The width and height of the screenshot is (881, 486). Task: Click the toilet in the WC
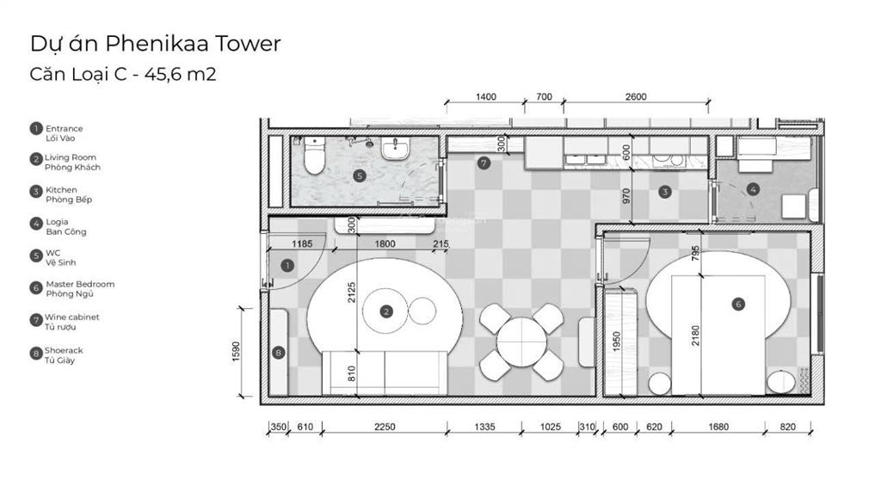point(314,157)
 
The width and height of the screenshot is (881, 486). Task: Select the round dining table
point(521,341)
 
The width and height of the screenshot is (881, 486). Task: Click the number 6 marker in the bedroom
point(738,304)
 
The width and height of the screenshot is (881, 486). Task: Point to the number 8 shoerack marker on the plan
point(278,353)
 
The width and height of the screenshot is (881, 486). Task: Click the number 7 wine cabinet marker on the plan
point(484,163)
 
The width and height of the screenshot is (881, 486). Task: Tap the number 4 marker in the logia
point(753,188)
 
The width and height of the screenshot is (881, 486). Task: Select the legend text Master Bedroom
point(80,285)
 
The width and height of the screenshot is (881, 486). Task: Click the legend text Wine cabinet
point(72,317)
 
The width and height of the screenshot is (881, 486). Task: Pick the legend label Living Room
point(71,157)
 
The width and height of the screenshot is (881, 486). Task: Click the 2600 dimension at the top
point(636,96)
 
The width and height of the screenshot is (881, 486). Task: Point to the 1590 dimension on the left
point(236,352)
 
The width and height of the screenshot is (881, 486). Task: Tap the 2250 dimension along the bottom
point(385,427)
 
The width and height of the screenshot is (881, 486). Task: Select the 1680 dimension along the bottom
point(718,427)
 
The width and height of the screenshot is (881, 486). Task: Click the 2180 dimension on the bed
point(695,335)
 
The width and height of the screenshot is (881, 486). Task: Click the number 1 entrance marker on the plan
point(287,265)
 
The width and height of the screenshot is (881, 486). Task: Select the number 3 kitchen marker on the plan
point(665,192)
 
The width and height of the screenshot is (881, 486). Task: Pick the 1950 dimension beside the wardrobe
point(616,341)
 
